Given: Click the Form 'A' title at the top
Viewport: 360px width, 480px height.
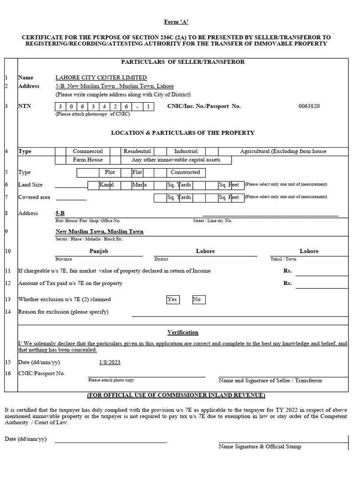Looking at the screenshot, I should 176,22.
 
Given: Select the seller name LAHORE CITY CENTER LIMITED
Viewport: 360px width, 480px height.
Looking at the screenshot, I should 101,77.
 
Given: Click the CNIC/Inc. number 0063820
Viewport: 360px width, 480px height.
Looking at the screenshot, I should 309,106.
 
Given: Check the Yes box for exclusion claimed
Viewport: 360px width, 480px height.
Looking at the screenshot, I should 172,300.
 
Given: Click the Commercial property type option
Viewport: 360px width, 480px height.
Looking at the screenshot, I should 88,151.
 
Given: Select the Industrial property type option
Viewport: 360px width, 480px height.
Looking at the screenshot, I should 186,151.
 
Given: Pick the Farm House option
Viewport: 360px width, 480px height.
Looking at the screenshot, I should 88,160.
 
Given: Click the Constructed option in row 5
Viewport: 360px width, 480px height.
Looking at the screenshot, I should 185,172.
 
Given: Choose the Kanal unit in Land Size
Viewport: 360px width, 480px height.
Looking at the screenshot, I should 106,185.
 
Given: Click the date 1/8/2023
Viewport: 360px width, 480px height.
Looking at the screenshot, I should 110,362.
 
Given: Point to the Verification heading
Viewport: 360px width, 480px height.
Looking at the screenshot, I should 183,332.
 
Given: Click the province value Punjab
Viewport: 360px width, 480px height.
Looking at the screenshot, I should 98,251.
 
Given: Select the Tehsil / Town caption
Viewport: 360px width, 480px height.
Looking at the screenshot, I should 283,259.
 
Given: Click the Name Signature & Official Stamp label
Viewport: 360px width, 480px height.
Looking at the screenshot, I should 260,447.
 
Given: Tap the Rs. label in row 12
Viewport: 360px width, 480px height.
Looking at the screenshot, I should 287,283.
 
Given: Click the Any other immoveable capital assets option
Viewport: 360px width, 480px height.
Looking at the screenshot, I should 176,160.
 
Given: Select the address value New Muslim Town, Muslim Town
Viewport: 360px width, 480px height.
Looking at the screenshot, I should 99,232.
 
